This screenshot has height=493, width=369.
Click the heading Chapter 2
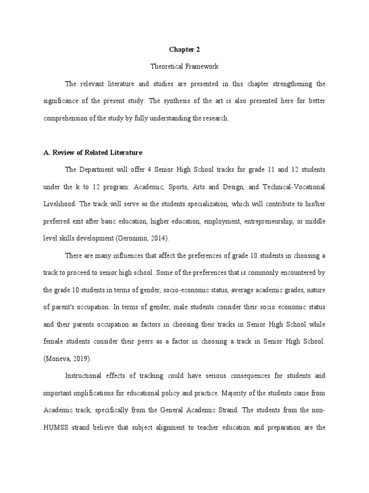tap(184, 49)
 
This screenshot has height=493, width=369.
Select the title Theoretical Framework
tap(184, 66)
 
